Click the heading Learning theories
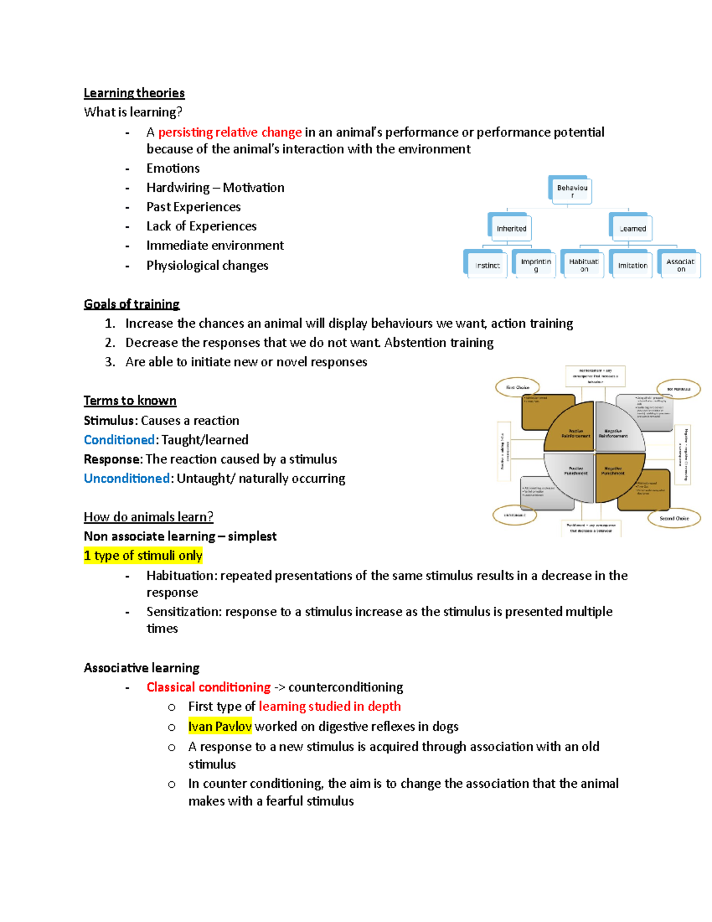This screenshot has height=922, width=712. (134, 93)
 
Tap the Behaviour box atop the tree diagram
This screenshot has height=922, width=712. (572, 191)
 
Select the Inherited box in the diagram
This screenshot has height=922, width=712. (511, 228)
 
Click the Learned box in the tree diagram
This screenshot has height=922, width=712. (632, 228)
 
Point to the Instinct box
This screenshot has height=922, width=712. (487, 265)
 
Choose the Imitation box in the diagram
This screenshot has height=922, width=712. (632, 265)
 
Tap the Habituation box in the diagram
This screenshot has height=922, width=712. (584, 265)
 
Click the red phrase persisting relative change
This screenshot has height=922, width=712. (230, 132)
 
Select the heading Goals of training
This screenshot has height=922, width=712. (132, 304)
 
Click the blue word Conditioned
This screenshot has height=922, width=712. (119, 439)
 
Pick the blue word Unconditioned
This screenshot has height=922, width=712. (126, 478)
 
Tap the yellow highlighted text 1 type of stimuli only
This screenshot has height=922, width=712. (143, 555)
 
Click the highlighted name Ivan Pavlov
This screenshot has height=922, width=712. (220, 726)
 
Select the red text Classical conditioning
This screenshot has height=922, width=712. (208, 687)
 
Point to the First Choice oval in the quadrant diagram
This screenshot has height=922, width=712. (517, 387)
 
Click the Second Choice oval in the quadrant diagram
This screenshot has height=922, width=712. (674, 518)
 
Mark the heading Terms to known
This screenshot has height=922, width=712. (130, 400)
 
